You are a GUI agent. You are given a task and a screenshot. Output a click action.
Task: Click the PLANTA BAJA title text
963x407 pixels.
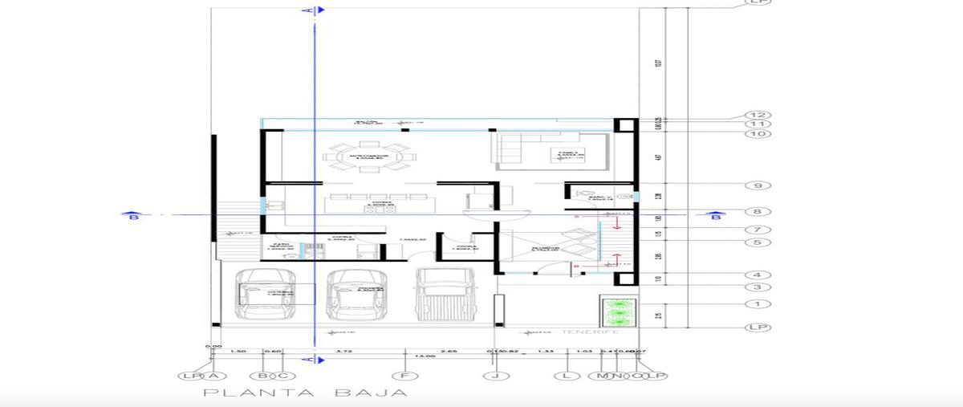(x=305, y=393)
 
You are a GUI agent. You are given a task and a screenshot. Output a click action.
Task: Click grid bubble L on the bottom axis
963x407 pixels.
(x=567, y=376)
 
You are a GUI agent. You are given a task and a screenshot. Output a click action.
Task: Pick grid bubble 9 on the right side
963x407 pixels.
(x=756, y=185)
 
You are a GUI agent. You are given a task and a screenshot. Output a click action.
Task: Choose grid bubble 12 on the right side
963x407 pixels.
(x=756, y=115)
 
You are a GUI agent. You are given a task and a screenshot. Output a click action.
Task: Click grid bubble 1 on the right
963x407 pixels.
(x=756, y=303)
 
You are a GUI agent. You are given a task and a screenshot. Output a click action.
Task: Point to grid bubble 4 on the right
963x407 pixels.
(x=756, y=275)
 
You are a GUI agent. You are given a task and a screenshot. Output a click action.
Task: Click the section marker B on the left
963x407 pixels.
(x=131, y=215)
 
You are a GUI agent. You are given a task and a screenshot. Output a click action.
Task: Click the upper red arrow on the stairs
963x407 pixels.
(x=616, y=222)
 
